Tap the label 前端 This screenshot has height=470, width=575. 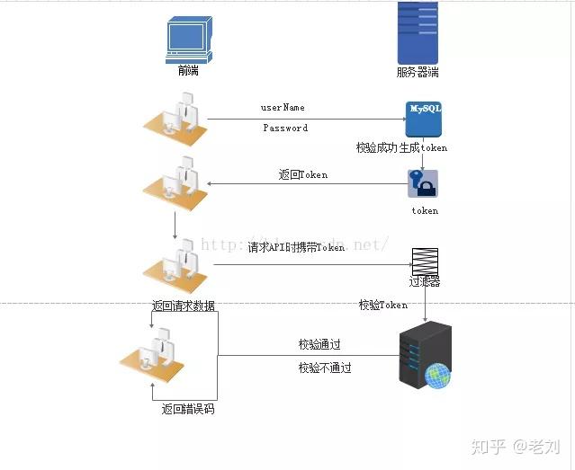[x=188, y=71]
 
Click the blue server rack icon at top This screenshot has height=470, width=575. [x=418, y=31]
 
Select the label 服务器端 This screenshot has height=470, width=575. [x=418, y=72]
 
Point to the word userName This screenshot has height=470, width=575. [x=283, y=108]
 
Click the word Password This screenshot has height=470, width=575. [x=285, y=129]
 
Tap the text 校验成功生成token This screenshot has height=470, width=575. [x=401, y=147]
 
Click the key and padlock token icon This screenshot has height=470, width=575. [x=423, y=183]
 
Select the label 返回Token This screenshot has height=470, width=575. [x=303, y=175]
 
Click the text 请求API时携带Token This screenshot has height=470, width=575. [x=296, y=247]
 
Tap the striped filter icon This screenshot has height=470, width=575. [x=425, y=261]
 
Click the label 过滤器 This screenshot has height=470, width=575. [x=425, y=282]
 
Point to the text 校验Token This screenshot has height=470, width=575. [x=383, y=306]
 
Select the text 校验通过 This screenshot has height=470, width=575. [x=319, y=344]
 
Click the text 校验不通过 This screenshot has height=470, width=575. [x=325, y=368]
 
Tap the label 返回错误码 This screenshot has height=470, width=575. [x=188, y=409]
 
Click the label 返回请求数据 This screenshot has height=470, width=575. [x=184, y=306]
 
